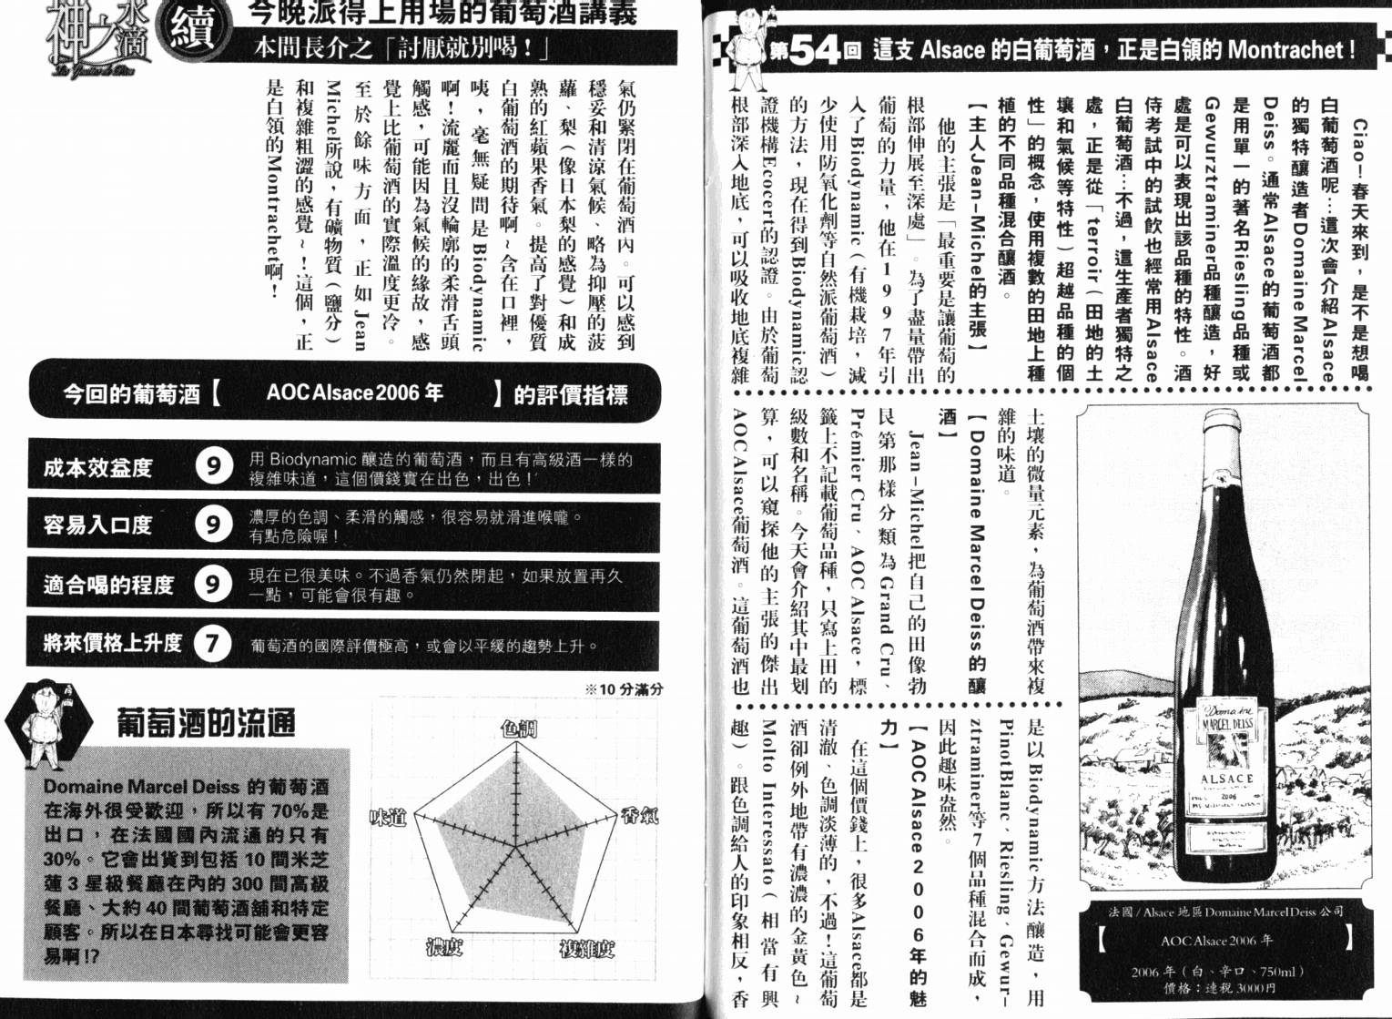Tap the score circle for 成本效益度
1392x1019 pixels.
[212, 467]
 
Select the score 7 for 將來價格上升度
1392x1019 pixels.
[212, 644]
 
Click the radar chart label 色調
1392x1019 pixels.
[519, 728]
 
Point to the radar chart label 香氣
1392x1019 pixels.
[638, 815]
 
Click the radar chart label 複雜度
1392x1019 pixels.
[586, 948]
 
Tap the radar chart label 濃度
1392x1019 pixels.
[445, 947]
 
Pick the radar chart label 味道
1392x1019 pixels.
[387, 818]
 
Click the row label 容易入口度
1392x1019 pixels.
[98, 525]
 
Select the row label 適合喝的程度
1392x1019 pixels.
[108, 585]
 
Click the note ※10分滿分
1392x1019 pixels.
[623, 689]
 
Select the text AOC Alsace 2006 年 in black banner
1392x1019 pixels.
[354, 392]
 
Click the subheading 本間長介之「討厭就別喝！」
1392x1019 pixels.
[401, 47]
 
